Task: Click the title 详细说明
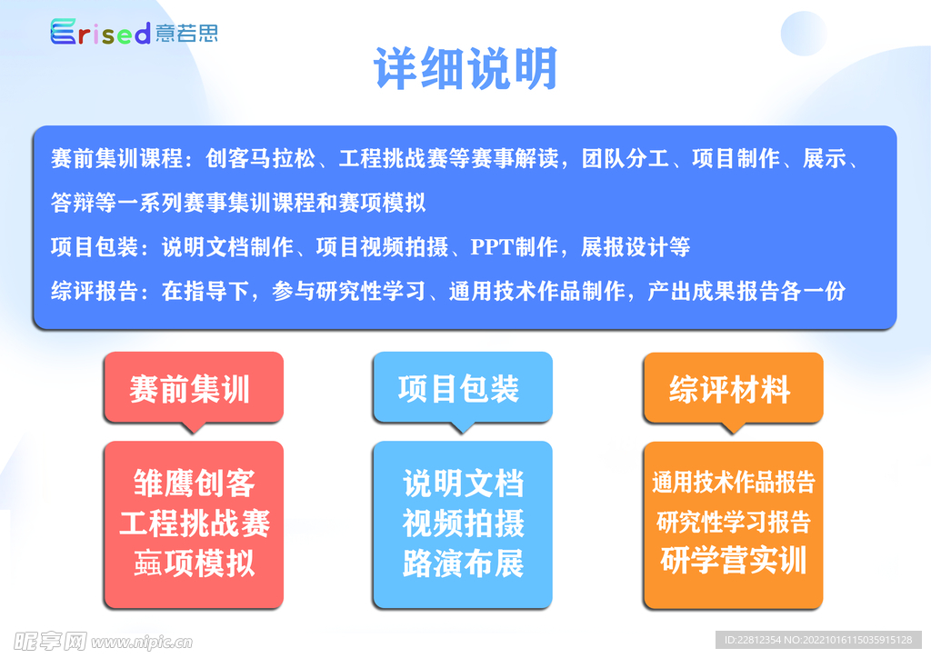pyautogui.click(x=466, y=69)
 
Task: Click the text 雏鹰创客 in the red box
pyautogui.click(x=195, y=483)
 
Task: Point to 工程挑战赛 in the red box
pyautogui.click(x=195, y=523)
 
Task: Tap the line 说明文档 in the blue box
pyautogui.click(x=463, y=483)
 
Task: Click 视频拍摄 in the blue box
pyautogui.click(x=463, y=523)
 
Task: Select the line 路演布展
pyautogui.click(x=463, y=563)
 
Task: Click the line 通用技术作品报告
pyautogui.click(x=734, y=482)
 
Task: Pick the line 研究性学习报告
pyautogui.click(x=734, y=522)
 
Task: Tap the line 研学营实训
pyautogui.click(x=734, y=560)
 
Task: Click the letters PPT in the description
pyautogui.click(x=492, y=247)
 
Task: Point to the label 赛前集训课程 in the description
pyautogui.click(x=116, y=158)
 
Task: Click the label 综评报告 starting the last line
pyautogui.click(x=95, y=292)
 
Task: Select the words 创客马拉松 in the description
pyautogui.click(x=261, y=158)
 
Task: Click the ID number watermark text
pyautogui.click(x=818, y=640)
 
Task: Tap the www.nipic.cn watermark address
pyautogui.click(x=142, y=642)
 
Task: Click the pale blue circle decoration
pyautogui.click(x=804, y=33)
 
